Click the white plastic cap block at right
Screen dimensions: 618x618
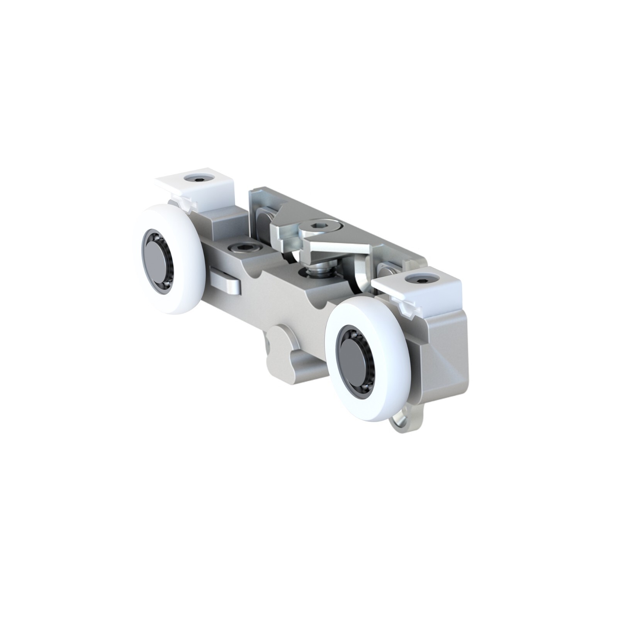[x=421, y=288]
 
